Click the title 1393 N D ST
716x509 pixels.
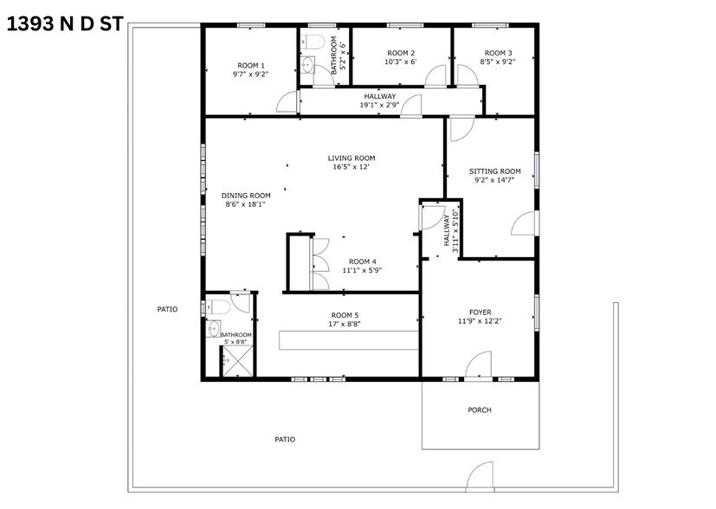click(66, 24)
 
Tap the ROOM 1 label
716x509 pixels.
click(251, 66)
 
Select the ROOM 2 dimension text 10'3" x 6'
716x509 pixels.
click(400, 62)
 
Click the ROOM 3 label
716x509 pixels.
click(498, 53)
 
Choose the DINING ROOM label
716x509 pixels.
click(246, 195)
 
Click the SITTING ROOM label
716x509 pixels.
click(495, 171)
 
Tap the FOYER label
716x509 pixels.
click(480, 312)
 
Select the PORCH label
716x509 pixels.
click(480, 409)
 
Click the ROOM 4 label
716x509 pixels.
click(363, 261)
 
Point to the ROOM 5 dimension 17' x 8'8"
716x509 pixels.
click(345, 324)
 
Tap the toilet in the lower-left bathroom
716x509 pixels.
click(217, 306)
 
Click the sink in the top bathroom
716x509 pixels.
click(309, 65)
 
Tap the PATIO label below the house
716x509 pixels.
click(285, 440)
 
